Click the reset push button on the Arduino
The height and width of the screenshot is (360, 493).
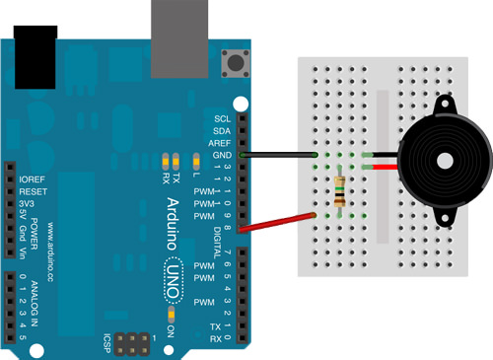pyautogui.click(x=234, y=64)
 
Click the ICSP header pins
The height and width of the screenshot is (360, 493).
pyautogui.click(x=133, y=343)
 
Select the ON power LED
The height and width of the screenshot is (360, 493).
pyautogui.click(x=174, y=316)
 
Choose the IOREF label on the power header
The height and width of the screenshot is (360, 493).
pyautogui.click(x=33, y=179)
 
